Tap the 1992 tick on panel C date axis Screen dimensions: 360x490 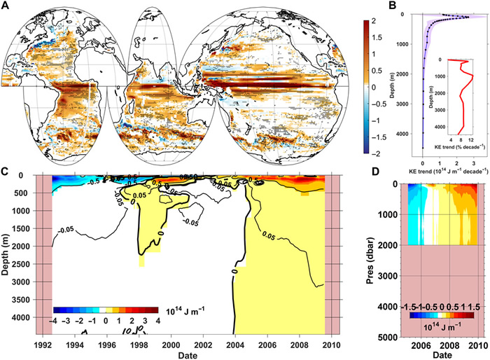coord(43,345)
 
